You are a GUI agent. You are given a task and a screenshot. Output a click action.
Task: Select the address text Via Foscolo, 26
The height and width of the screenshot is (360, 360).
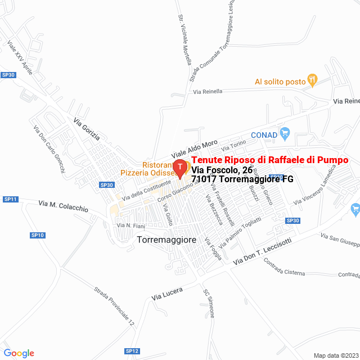tap(222, 170)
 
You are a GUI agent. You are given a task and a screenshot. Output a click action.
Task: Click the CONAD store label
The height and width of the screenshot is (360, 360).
tap(264, 135)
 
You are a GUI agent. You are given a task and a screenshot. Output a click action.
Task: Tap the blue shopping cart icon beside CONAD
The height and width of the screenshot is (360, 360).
tap(285, 134)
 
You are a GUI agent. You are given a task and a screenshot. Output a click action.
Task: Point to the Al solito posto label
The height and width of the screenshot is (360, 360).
tap(280, 82)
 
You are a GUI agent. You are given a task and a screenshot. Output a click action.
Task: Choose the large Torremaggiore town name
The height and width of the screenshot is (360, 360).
tap(166, 240)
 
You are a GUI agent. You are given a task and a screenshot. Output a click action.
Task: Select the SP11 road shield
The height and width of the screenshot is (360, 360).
tap(11, 199)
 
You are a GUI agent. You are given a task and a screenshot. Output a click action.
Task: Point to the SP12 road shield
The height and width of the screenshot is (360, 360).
tap(132, 351)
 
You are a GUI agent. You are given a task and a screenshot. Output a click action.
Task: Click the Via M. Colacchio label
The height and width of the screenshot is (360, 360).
tap(63, 205)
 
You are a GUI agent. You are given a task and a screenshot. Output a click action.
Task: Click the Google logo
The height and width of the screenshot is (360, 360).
tap(19, 353)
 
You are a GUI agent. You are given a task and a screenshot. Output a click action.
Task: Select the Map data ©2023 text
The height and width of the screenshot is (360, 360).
tap(335, 355)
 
